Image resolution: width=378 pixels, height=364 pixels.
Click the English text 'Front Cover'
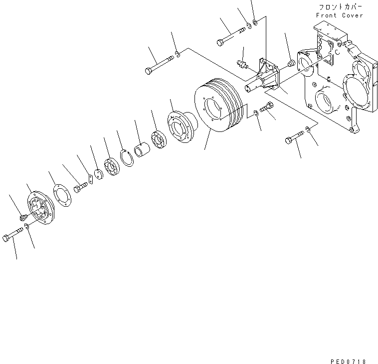339,15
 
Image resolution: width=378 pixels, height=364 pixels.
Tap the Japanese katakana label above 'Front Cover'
339,7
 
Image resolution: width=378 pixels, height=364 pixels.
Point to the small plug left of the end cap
23,217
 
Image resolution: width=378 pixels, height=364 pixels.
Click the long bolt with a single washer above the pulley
158,65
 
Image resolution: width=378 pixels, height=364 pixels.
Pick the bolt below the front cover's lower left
294,137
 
